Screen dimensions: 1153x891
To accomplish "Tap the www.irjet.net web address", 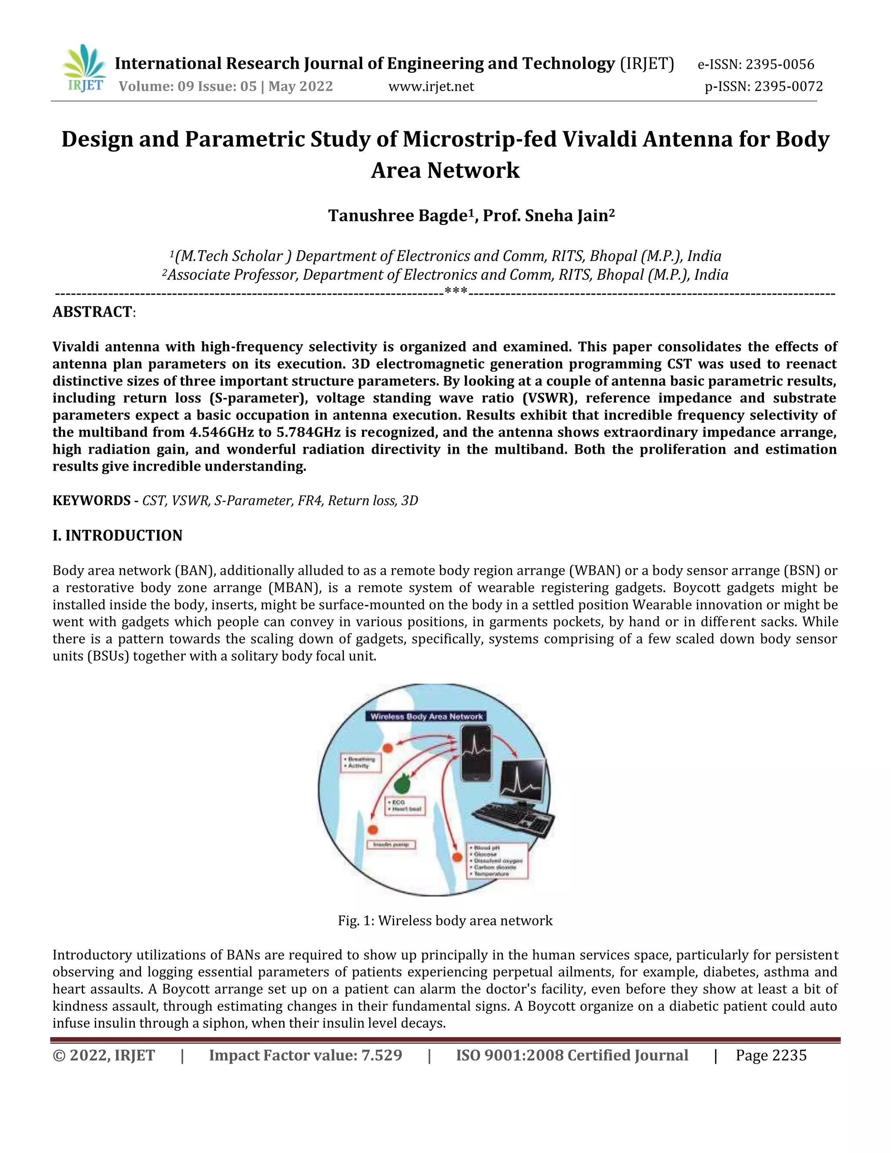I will click(431, 87).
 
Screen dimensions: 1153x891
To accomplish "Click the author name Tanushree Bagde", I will click(398, 216).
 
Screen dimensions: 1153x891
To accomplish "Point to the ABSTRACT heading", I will click(92, 312).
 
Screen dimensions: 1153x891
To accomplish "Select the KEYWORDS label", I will click(91, 500).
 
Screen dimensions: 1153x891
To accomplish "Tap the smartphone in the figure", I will click(476, 753).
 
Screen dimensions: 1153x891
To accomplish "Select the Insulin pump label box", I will click(392, 844).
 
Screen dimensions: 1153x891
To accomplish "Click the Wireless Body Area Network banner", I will click(426, 717).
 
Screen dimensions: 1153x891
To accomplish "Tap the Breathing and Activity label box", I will click(361, 762).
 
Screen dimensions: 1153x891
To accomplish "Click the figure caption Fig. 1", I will click(445, 921).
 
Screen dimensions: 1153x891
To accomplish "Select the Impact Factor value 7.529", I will click(381, 1056).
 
